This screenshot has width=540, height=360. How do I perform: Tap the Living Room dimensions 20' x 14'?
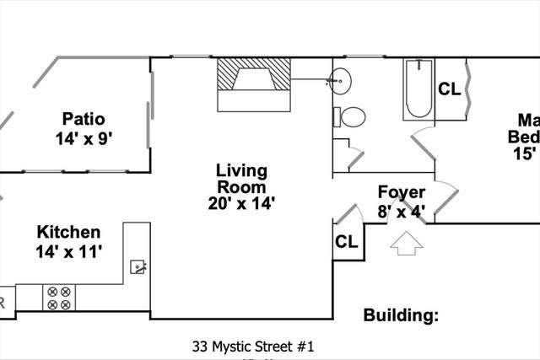pyautogui.click(x=241, y=202)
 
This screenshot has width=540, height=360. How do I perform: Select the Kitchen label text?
pyautogui.click(x=68, y=233)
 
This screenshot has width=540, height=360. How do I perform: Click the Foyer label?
pyautogui.click(x=401, y=191)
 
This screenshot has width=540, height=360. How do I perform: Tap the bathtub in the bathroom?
pyautogui.click(x=418, y=89)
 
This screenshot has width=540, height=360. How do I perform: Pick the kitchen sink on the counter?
pyautogui.click(x=139, y=267)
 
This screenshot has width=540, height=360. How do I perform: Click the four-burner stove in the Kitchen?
pyautogui.click(x=59, y=298)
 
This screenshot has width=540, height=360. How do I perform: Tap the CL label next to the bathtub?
pyautogui.click(x=449, y=88)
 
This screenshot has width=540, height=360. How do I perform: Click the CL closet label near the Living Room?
pyautogui.click(x=347, y=242)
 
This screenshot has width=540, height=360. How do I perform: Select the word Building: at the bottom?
pyautogui.click(x=402, y=316)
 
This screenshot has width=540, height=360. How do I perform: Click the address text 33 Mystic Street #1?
pyautogui.click(x=253, y=346)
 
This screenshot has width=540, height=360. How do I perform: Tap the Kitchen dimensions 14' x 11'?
pyautogui.click(x=68, y=251)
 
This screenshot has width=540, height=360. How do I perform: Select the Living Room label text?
pyautogui.click(x=241, y=178)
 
